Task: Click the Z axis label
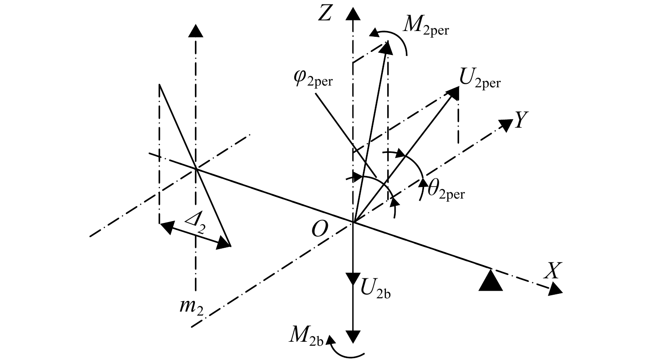[325, 14]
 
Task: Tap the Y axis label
[522, 120]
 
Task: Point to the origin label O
[320, 229]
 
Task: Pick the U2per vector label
[480, 79]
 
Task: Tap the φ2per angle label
[313, 79]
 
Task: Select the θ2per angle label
[446, 191]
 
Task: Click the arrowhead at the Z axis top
[353, 14]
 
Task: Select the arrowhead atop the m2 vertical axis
[195, 31]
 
